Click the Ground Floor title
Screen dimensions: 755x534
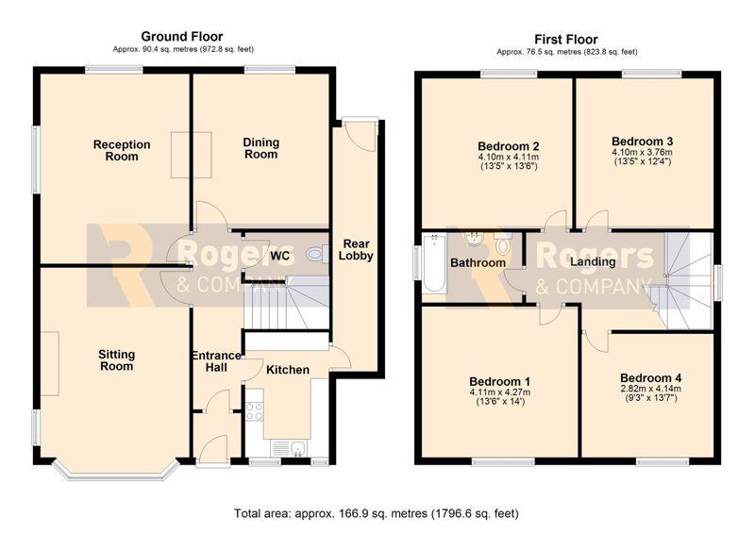pyautogui.click(x=181, y=37)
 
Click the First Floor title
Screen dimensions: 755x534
pyautogui.click(x=565, y=40)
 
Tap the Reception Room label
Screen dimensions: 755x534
pyautogui.click(x=122, y=150)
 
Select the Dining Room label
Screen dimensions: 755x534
pyautogui.click(x=260, y=148)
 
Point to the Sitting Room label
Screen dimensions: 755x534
pyautogui.click(x=116, y=360)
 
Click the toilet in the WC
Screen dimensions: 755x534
pyautogui.click(x=316, y=253)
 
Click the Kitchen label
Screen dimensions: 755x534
pyautogui.click(x=288, y=370)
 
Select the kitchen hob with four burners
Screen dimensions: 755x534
pyautogui.click(x=254, y=411)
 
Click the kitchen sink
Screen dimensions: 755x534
pyautogui.click(x=294, y=449)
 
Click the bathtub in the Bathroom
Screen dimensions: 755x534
pyautogui.click(x=434, y=263)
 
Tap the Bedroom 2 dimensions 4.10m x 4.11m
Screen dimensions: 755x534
pyautogui.click(x=508, y=157)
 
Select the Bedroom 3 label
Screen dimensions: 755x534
pyautogui.click(x=642, y=142)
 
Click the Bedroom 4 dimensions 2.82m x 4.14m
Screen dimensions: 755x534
pyautogui.click(x=650, y=389)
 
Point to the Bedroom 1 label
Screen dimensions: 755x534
pyautogui.click(x=500, y=381)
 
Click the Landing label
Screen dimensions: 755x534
pyautogui.click(x=593, y=261)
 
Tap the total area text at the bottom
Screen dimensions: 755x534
pyautogui.click(x=377, y=513)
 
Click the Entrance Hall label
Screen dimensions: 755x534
pyautogui.click(x=216, y=361)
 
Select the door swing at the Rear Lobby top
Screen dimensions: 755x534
pyautogui.click(x=361, y=137)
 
